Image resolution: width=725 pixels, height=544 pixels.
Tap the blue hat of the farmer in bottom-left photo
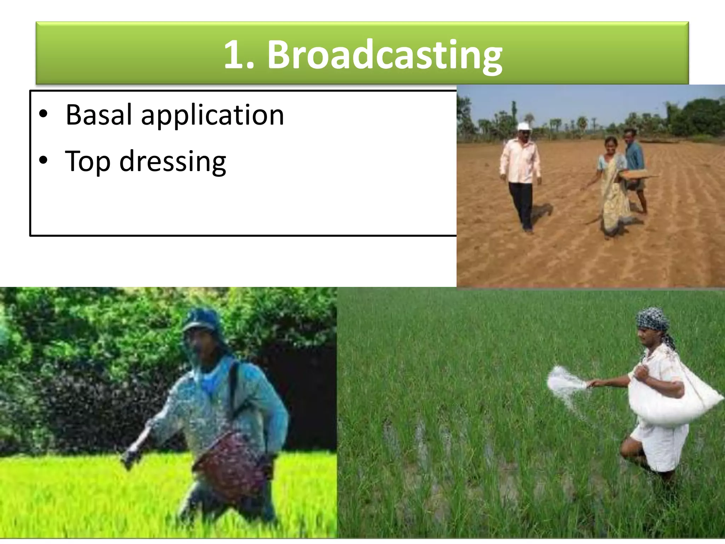(200, 319)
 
